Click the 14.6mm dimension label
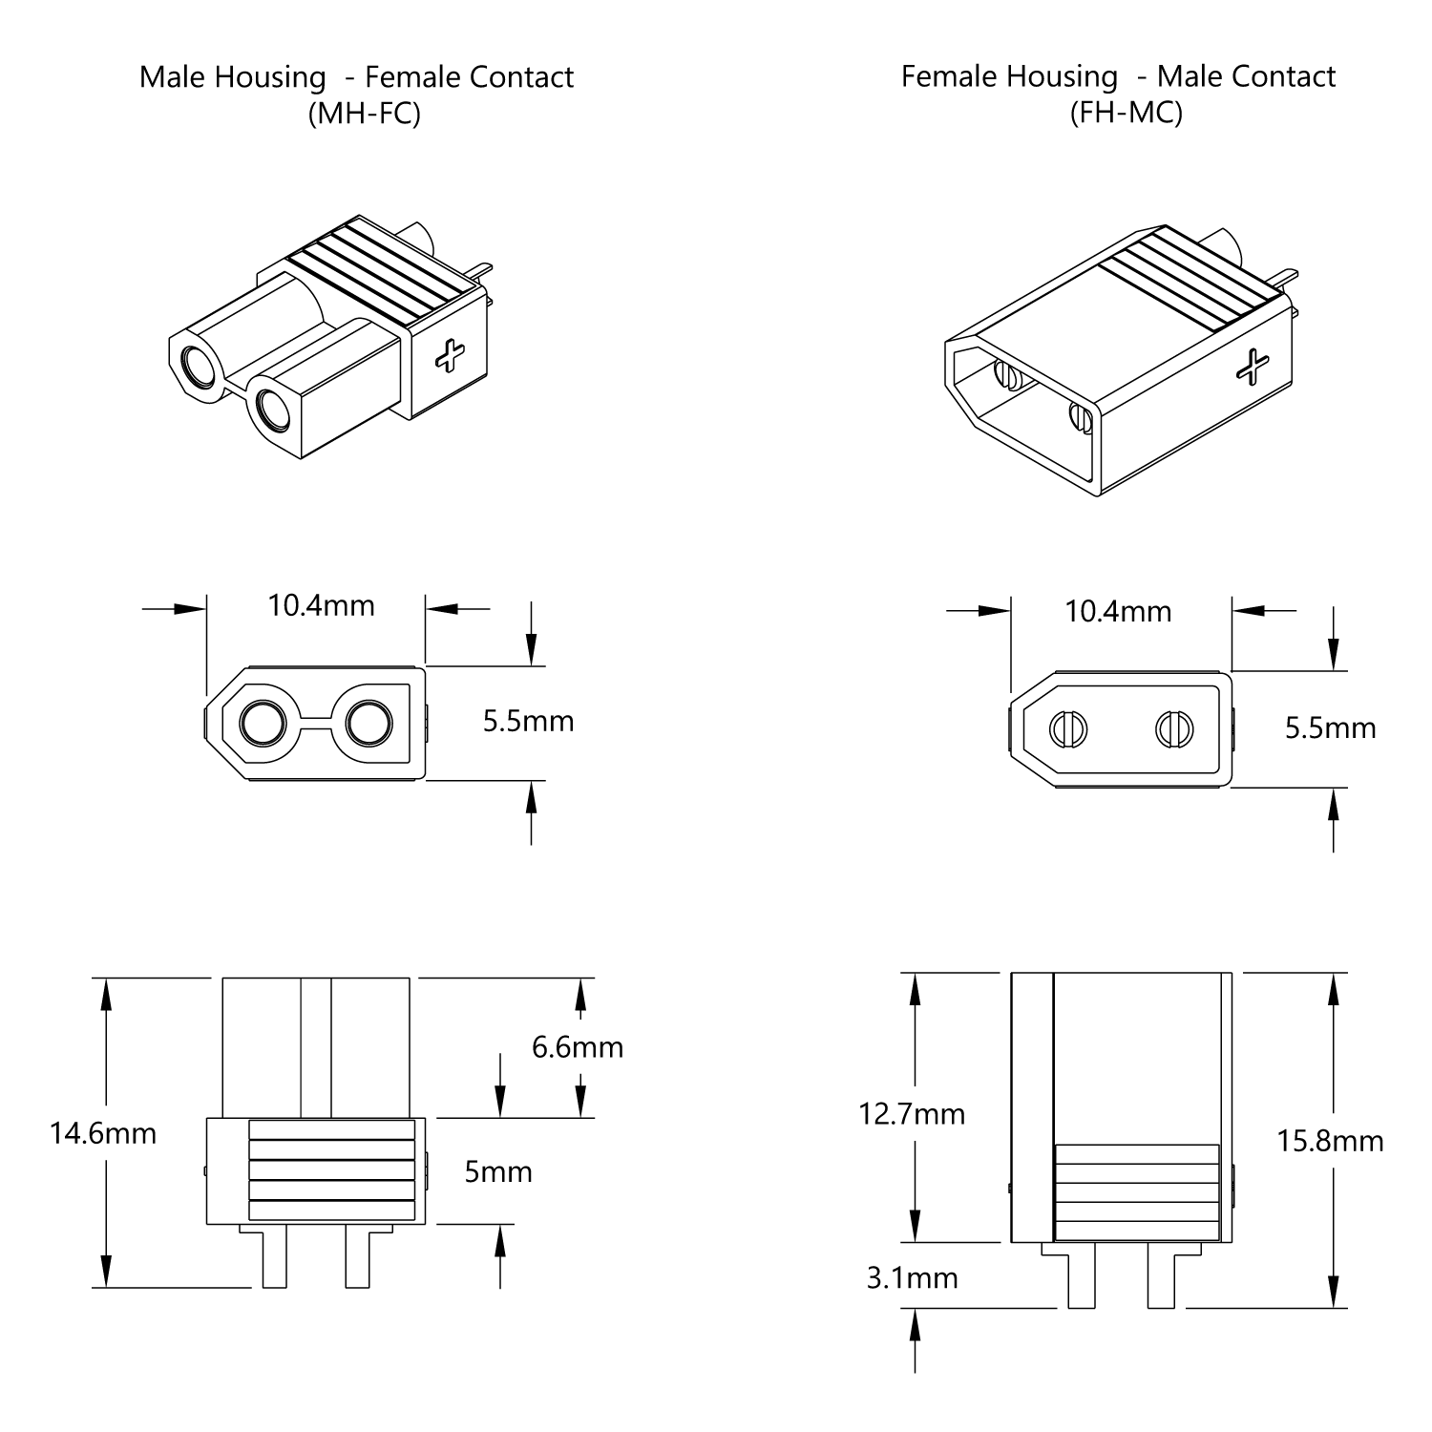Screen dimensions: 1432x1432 click(103, 1133)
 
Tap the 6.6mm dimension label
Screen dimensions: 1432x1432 click(577, 1047)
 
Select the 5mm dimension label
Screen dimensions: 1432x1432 click(498, 1171)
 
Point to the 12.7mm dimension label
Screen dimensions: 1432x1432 click(912, 1114)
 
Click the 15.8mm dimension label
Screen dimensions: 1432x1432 click(1330, 1141)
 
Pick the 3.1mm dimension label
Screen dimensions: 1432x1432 click(912, 1278)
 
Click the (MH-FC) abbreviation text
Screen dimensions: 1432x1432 click(364, 114)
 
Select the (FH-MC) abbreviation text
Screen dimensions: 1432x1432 click(1126, 114)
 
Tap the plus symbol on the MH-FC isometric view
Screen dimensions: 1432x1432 click(449, 356)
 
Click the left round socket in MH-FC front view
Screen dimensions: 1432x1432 click(263, 725)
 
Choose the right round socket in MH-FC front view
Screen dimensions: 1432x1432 click(369, 725)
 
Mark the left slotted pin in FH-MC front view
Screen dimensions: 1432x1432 click(1068, 730)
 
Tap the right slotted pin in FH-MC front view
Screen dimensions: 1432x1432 click(1173, 730)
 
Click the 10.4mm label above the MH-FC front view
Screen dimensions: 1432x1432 click(321, 605)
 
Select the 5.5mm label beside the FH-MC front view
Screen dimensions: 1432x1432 click(1330, 728)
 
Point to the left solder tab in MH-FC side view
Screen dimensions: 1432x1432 click(274, 1257)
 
